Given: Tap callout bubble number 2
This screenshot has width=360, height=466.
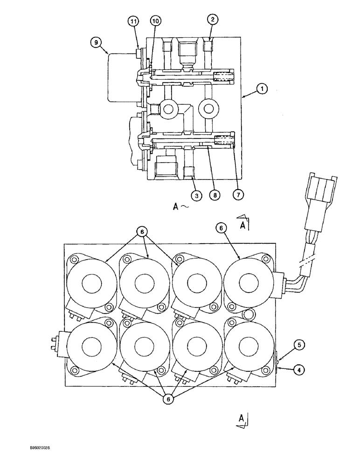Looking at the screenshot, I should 213,20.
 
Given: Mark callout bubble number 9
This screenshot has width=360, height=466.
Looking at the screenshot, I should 96,41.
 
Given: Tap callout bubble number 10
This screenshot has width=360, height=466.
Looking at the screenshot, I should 155,21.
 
